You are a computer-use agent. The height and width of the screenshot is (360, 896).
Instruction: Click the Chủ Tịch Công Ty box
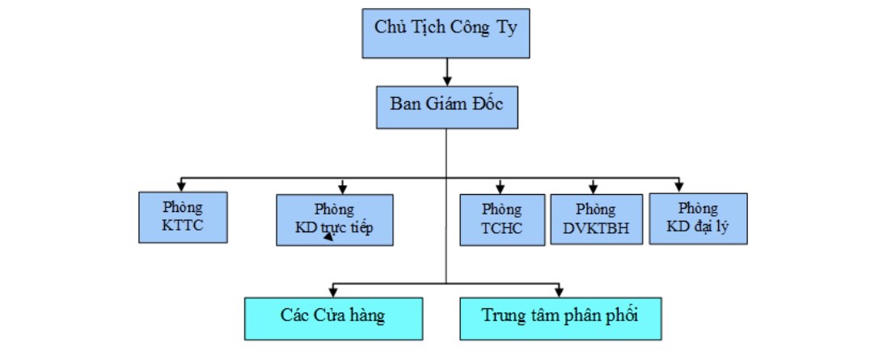coord(446,34)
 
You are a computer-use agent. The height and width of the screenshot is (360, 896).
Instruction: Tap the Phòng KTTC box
coord(182,217)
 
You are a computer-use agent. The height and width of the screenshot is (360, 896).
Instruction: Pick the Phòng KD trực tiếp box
coord(334,219)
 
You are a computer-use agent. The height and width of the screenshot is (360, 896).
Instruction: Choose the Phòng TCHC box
coord(501,219)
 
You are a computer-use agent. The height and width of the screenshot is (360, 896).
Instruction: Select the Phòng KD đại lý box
coord(698,218)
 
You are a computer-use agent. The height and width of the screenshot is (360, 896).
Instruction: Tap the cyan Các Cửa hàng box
coord(333,317)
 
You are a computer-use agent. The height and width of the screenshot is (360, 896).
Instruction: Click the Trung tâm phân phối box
coord(560,317)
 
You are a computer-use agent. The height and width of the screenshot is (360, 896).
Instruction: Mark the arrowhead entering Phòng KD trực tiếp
coord(343,188)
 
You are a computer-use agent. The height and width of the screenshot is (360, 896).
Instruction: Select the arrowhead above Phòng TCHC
coord(501,188)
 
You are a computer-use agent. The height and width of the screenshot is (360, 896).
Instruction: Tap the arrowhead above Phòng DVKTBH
coord(594,188)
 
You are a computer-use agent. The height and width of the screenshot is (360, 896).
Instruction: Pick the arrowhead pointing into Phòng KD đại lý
coord(679,186)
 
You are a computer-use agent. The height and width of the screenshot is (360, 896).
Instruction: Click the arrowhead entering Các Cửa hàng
coord(333,291)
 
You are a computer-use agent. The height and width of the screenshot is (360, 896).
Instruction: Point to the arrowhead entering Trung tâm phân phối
coord(557,291)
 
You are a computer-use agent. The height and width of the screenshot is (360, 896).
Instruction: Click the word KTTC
coord(182,227)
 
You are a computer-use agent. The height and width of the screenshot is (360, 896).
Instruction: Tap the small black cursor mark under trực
coord(328,237)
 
